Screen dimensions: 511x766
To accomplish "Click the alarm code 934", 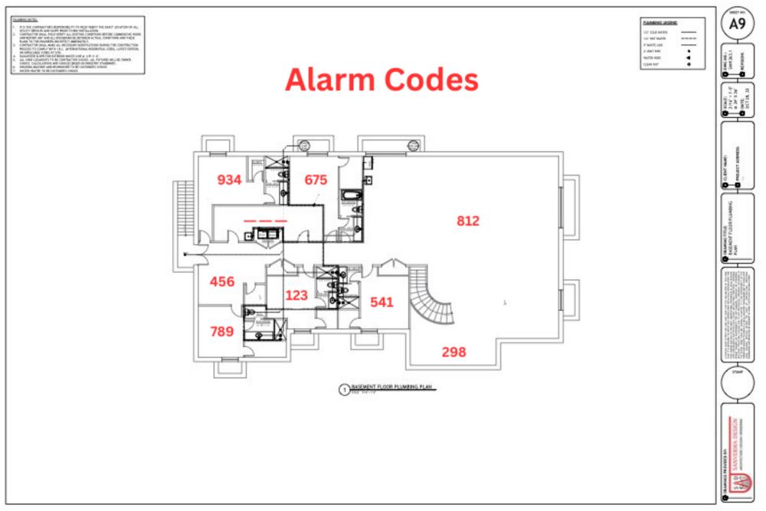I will (230, 180).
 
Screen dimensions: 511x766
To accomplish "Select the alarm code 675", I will (316, 180).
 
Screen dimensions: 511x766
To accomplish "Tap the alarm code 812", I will (468, 221).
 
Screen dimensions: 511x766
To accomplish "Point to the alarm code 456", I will (222, 281).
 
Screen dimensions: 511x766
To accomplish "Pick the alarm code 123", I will (296, 295).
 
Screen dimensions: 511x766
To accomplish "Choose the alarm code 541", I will (381, 302).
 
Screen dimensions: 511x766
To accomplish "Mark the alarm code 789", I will (222, 332).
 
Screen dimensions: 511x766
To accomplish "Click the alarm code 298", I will (453, 352).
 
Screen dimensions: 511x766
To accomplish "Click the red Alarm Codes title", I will (381, 80).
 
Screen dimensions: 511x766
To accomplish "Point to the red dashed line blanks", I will (265, 220).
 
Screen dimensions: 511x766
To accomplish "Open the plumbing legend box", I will (671, 44).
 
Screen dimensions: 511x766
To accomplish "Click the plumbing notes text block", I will (78, 45).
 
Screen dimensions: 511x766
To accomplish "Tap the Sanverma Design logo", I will (737, 460).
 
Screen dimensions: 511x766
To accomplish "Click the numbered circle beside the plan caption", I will (343, 389).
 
